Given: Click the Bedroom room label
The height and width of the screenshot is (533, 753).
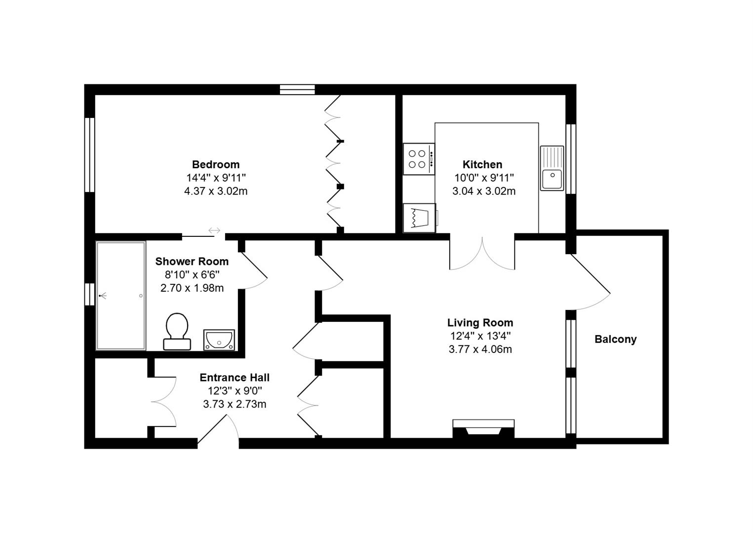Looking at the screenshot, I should pyautogui.click(x=216, y=164).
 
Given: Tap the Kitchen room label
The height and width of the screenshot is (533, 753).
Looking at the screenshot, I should pyautogui.click(x=482, y=164).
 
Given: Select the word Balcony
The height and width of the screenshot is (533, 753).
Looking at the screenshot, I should pyautogui.click(x=615, y=339).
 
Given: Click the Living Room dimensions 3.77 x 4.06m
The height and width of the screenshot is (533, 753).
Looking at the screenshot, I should pyautogui.click(x=480, y=349).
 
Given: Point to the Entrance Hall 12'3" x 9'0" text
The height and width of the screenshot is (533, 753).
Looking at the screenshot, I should pyautogui.click(x=235, y=391).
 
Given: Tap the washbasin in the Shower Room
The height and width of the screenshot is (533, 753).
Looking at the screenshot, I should pyautogui.click(x=219, y=340).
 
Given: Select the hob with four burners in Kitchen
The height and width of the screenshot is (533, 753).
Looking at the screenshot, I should pyautogui.click(x=418, y=159).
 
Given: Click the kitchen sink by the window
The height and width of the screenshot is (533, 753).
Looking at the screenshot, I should pyautogui.click(x=552, y=168).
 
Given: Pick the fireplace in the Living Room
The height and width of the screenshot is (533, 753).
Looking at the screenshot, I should pyautogui.click(x=483, y=428).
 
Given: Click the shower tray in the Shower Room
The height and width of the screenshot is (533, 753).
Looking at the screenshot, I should pyautogui.click(x=121, y=295).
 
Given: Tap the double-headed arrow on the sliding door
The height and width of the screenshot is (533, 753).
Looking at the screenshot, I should pyautogui.click(x=214, y=230).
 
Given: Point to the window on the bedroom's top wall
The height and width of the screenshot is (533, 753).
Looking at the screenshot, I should pyautogui.click(x=297, y=89).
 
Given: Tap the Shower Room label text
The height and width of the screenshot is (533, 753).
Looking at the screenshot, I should pyautogui.click(x=192, y=262).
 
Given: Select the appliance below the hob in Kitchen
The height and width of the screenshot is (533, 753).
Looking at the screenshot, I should pyautogui.click(x=419, y=218).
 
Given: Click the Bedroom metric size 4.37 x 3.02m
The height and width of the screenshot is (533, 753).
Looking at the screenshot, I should pyautogui.click(x=216, y=191).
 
